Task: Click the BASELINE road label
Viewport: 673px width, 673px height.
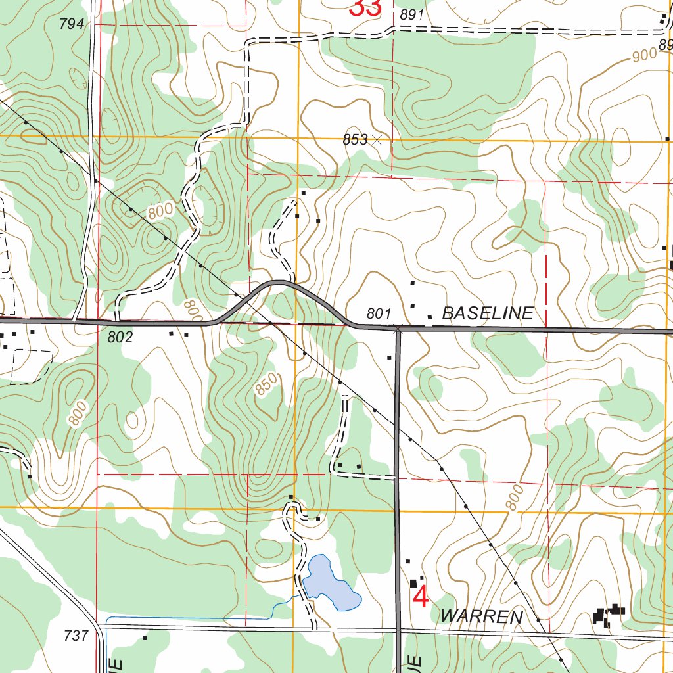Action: (x=487, y=313)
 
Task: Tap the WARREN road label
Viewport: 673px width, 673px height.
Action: (x=482, y=616)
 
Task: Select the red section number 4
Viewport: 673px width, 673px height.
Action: (x=421, y=597)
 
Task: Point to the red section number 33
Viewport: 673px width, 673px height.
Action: (x=365, y=9)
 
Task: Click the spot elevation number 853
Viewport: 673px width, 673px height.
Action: (x=354, y=139)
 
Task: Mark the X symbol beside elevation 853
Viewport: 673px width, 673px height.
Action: (x=376, y=139)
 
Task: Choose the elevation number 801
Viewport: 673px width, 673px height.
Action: (x=379, y=314)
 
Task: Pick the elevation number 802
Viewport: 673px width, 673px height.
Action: (x=120, y=338)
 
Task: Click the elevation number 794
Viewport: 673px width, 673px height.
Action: (x=72, y=24)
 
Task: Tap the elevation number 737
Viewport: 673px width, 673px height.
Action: (x=77, y=636)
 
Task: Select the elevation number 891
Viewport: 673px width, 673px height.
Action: (x=411, y=15)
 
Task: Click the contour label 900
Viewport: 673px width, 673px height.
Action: (x=645, y=56)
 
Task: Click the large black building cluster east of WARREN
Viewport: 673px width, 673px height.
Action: (x=607, y=615)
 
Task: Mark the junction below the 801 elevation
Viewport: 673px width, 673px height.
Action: (x=397, y=329)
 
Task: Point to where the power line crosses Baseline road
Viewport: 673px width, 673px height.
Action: (x=270, y=323)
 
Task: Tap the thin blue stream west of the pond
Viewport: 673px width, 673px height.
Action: (x=197, y=618)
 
